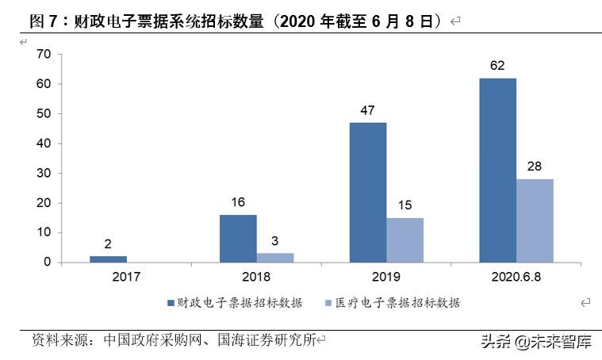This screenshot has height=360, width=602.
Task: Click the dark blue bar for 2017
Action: (x=108, y=259)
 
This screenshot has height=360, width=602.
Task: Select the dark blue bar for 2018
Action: (x=238, y=239)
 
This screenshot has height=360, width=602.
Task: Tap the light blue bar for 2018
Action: (x=274, y=257)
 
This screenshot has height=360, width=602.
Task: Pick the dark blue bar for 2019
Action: (x=368, y=193)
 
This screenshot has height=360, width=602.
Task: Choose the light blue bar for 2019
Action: (x=405, y=239)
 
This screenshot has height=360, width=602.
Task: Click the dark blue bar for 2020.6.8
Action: (x=497, y=170)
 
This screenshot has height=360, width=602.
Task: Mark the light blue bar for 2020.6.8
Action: (x=535, y=220)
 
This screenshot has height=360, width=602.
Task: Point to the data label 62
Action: (x=497, y=66)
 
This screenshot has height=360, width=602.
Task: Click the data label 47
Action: (x=368, y=110)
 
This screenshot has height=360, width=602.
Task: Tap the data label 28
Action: (x=535, y=167)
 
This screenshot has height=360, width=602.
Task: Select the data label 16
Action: (x=238, y=202)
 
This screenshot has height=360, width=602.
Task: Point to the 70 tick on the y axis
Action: (x=44, y=54)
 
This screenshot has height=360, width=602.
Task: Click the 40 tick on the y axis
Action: (x=44, y=144)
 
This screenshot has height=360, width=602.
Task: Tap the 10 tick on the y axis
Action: (x=44, y=232)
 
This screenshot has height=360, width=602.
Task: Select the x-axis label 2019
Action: (x=386, y=277)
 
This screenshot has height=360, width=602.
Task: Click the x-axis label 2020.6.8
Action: (x=516, y=277)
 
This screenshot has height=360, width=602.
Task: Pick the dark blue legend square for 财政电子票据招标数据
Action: (x=171, y=302)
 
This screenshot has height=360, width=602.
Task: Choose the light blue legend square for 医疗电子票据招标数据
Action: (x=328, y=302)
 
